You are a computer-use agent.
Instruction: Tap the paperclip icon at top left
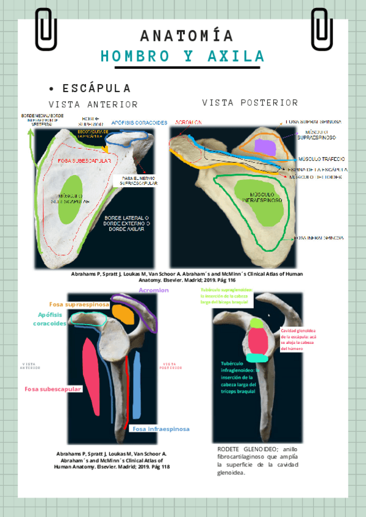pos(46,29)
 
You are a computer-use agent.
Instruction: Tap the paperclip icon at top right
pos(321,29)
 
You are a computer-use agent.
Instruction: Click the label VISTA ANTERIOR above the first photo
pos(93,104)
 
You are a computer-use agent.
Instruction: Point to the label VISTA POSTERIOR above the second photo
pos(250,102)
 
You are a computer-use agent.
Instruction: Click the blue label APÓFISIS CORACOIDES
pos(139,123)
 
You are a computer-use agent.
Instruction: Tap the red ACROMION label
pos(188,123)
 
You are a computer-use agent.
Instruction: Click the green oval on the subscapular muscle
pos(71,198)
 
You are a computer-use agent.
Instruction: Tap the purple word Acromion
pos(154,290)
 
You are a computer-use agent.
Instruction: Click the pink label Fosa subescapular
pos(53,389)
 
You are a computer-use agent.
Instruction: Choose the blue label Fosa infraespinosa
pos(160,429)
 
